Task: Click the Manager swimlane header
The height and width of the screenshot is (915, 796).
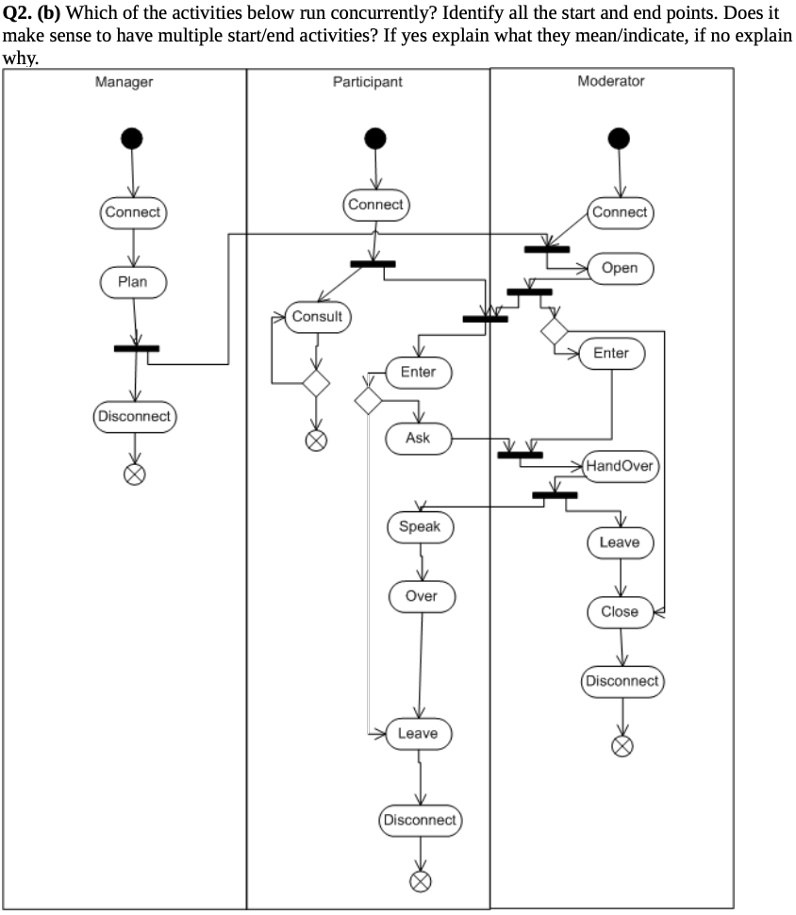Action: (x=124, y=82)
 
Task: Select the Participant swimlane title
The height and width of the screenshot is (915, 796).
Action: (x=367, y=82)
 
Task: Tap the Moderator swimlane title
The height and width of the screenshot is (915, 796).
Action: (x=610, y=81)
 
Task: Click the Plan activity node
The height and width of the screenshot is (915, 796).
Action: (x=133, y=281)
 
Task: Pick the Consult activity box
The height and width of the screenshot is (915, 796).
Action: (x=317, y=317)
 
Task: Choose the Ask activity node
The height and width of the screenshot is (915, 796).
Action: (x=418, y=438)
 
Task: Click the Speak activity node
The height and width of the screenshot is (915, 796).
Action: (x=420, y=526)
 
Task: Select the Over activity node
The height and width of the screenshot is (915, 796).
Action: (x=422, y=596)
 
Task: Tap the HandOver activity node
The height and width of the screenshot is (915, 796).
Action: (x=620, y=466)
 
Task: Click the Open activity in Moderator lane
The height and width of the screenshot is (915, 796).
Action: (x=620, y=268)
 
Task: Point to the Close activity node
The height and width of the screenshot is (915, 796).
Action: (x=620, y=611)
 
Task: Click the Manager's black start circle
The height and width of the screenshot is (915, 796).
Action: (x=132, y=139)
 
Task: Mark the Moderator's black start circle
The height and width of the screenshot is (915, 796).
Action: (x=619, y=139)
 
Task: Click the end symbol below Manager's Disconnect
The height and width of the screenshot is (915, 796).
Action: (x=135, y=474)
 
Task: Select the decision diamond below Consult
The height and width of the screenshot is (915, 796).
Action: (x=315, y=383)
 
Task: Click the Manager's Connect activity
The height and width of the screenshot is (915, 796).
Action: (x=133, y=212)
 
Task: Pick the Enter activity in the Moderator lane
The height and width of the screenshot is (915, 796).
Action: (x=610, y=353)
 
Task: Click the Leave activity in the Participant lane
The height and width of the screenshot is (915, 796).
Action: (x=418, y=733)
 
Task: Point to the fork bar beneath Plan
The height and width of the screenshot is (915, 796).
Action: (x=137, y=348)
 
